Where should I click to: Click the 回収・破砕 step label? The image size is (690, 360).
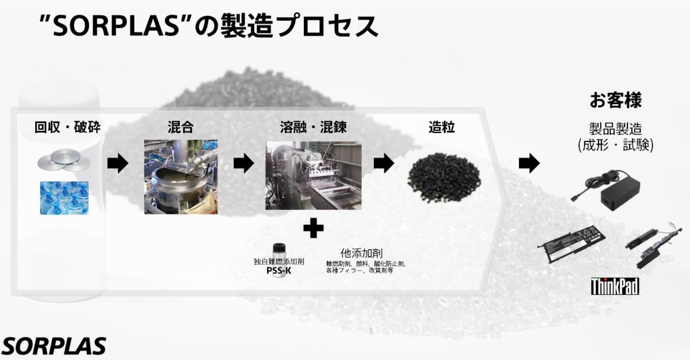click(x=67, y=128)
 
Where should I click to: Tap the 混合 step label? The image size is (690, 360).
click(x=180, y=128)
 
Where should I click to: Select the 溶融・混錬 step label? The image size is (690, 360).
click(x=313, y=128)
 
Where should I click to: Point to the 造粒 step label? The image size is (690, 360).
click(x=441, y=128)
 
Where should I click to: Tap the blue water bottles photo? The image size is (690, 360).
click(x=64, y=198)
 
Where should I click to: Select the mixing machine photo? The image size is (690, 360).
click(x=181, y=177)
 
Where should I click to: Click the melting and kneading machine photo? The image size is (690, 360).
click(x=313, y=176)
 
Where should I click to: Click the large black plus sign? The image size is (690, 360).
click(x=313, y=229)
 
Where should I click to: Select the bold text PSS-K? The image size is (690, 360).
click(x=279, y=270)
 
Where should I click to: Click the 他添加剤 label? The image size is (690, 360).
click(x=361, y=253)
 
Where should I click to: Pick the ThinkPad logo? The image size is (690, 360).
click(x=615, y=286)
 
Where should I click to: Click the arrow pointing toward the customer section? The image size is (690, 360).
click(x=529, y=164)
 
